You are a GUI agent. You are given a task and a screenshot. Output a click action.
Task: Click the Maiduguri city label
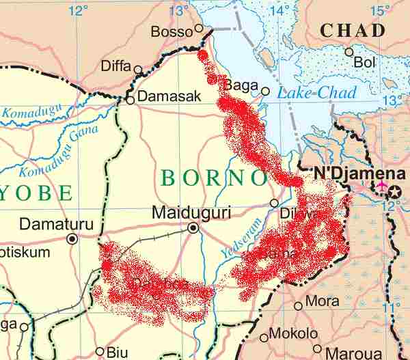[x=191, y=212]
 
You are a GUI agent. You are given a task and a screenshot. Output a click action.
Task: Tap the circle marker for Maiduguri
[x=193, y=228]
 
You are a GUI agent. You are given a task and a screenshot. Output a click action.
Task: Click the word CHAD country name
[x=353, y=31]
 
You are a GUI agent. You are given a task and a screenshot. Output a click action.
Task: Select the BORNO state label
[x=214, y=178]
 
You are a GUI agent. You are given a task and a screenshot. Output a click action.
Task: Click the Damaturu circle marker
[x=72, y=238]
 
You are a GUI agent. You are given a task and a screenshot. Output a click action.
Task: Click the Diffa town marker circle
[x=138, y=69]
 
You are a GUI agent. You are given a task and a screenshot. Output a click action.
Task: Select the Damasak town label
[x=169, y=97]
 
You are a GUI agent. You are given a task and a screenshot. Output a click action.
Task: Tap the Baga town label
[x=241, y=85]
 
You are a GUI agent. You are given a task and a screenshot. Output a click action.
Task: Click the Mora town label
[x=322, y=301]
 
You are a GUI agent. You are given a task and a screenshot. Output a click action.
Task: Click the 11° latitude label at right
[x=392, y=308]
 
